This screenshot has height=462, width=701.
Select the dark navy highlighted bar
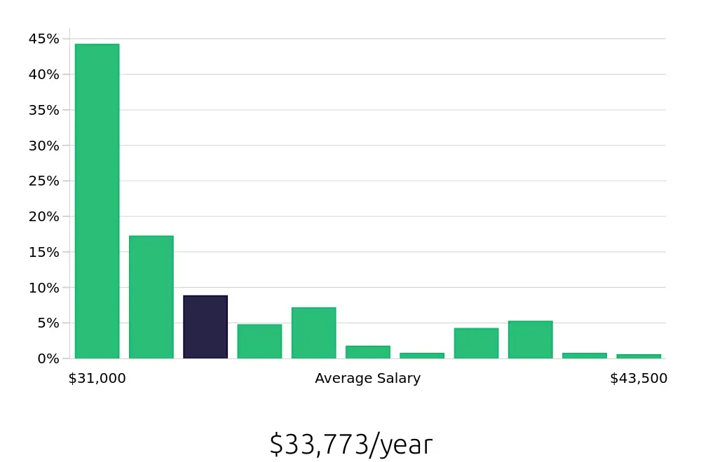205,327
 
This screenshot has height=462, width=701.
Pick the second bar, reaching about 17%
151,297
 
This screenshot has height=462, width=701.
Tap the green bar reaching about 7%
313,333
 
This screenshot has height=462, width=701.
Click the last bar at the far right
639,356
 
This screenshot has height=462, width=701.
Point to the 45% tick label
43,39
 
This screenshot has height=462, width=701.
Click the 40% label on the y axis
43,74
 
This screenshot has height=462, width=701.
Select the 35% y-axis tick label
43,110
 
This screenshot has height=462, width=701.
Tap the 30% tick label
43,146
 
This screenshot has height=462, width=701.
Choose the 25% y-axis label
43,181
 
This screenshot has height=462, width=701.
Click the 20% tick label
43,216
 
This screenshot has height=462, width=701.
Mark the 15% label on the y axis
43,252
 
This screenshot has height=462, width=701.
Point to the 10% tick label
43,288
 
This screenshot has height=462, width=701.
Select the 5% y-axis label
48,323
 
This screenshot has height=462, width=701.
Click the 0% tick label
48,358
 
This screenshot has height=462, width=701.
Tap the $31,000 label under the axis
97,379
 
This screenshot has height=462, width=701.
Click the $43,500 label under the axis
639,379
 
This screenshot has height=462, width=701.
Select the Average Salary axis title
367,379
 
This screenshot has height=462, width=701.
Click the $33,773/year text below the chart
350,444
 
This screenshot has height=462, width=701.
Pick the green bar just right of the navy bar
259,342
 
